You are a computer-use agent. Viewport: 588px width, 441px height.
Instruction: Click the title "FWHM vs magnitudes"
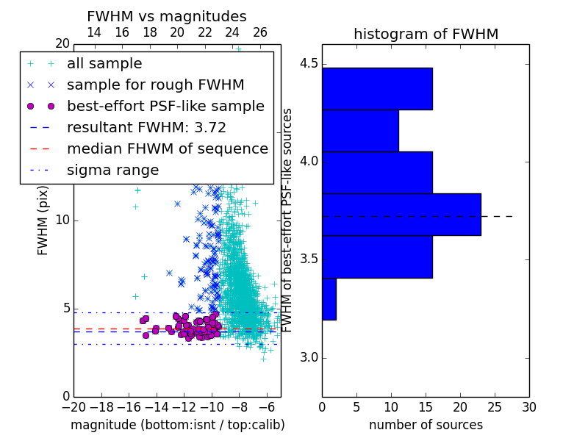click(167, 16)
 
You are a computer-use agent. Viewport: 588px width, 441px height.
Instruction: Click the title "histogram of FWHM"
click(426, 34)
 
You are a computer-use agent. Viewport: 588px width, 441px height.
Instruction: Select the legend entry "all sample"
click(104, 64)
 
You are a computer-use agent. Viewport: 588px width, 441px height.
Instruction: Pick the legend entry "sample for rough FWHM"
click(156, 85)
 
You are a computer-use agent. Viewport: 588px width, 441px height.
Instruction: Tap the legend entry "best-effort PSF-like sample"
click(166, 106)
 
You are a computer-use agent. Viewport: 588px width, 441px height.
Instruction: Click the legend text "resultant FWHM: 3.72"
click(146, 127)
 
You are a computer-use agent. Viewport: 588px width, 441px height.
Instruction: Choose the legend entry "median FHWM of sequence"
click(168, 149)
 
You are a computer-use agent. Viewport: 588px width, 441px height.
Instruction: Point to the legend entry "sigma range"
click(113, 171)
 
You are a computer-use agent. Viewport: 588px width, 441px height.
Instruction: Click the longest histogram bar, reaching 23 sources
click(401, 215)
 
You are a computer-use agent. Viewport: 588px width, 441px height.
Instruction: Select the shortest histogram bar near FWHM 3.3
click(329, 299)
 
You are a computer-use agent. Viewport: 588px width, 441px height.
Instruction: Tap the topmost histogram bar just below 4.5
click(377, 89)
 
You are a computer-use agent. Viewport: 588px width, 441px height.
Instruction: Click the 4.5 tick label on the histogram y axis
click(309, 64)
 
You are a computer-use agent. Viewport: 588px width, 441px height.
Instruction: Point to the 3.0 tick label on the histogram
click(309, 358)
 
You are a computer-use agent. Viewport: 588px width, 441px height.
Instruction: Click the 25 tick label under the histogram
click(495, 407)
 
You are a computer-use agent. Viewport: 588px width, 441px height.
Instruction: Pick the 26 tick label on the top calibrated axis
click(260, 32)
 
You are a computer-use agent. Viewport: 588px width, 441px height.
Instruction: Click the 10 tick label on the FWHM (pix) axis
click(62, 220)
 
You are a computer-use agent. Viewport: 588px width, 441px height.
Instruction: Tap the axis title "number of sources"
click(426, 425)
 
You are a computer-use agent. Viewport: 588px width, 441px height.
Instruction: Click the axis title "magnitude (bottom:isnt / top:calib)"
click(178, 425)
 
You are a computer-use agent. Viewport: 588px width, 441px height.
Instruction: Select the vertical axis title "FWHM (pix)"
click(43, 220)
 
